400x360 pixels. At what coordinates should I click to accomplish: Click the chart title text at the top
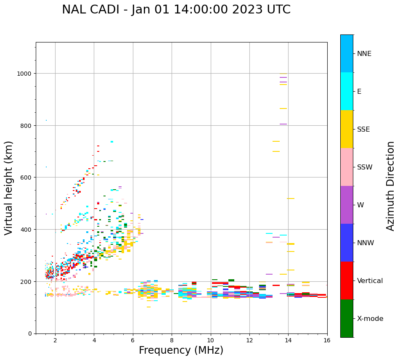pyautogui.click(x=176, y=10)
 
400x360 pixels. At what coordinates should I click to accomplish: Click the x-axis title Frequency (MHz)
pyautogui.click(x=181, y=350)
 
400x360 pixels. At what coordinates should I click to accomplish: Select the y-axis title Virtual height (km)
pyautogui.click(x=9, y=188)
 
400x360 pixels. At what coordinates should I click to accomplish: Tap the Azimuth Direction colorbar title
pyautogui.click(x=391, y=186)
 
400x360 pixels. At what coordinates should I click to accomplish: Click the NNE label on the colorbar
pyautogui.click(x=364, y=53)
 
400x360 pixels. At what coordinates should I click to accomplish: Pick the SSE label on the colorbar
pyautogui.click(x=363, y=129)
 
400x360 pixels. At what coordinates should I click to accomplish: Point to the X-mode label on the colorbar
pyautogui.click(x=370, y=318)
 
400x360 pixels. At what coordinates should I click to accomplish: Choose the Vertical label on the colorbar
pyautogui.click(x=370, y=281)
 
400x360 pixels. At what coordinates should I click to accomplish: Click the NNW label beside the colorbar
pyautogui.click(x=366, y=243)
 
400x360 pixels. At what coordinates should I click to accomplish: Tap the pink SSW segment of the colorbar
pyautogui.click(x=347, y=167)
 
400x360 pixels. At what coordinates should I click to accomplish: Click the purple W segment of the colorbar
pyautogui.click(x=347, y=205)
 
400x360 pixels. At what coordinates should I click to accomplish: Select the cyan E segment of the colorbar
pyautogui.click(x=347, y=91)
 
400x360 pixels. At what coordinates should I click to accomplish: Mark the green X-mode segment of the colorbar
pyautogui.click(x=347, y=318)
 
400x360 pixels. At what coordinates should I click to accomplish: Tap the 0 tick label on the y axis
pyautogui.click(x=30, y=334)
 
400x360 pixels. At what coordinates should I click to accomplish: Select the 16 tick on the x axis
pyautogui.click(x=327, y=341)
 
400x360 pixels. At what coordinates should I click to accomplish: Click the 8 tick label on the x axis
pyautogui.click(x=172, y=341)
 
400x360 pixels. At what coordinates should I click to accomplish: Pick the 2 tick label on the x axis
pyautogui.click(x=55, y=341)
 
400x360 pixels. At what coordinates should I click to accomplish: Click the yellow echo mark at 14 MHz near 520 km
pyautogui.click(x=290, y=199)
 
